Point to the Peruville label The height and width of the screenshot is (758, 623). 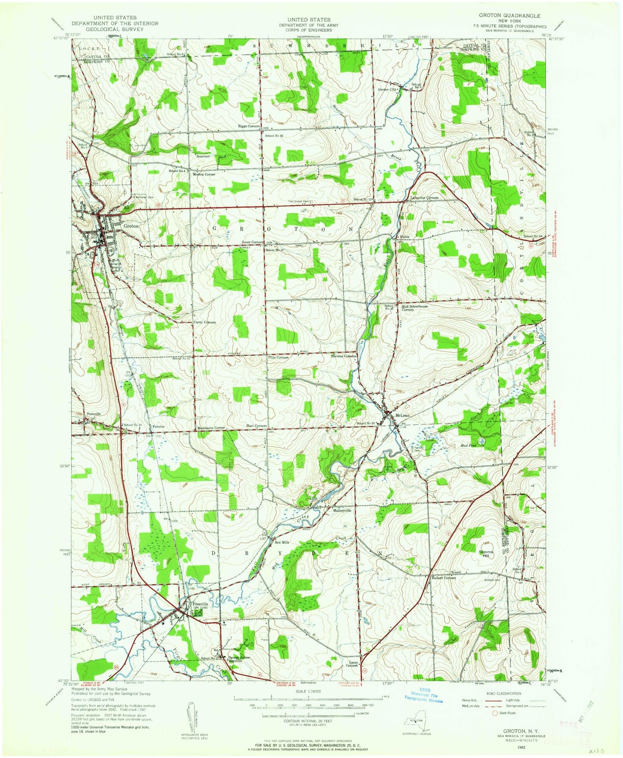point(94,414)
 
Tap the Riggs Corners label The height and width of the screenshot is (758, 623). point(249,126)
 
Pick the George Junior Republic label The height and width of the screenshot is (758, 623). point(239,659)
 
